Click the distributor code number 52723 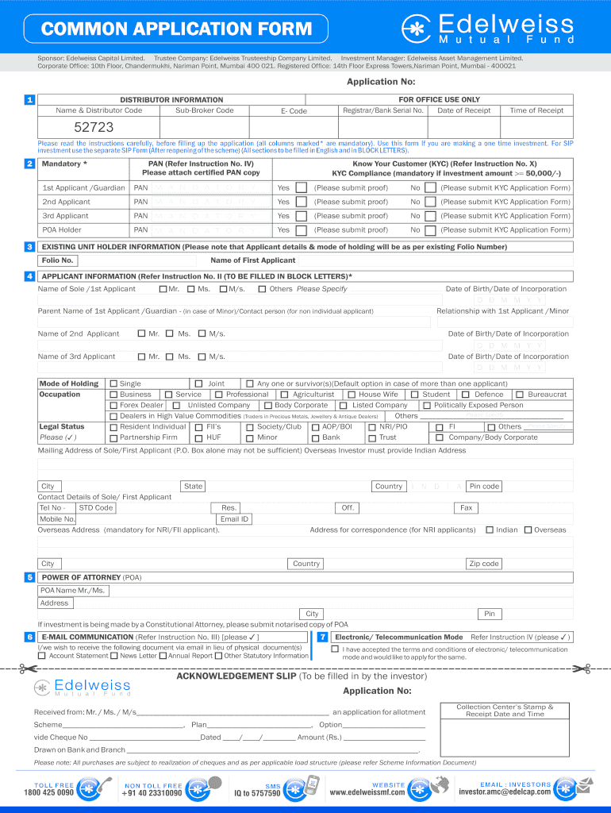94,127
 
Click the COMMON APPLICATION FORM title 176,30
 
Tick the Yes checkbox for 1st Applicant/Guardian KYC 301,188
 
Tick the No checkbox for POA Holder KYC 429,230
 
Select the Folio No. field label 57,260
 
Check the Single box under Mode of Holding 113,384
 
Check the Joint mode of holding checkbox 199,384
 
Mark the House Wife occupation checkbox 351,395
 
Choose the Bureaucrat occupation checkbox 520,395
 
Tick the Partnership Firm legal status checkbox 113,437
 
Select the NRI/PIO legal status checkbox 372,427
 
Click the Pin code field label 484,486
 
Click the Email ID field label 234,519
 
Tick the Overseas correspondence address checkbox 528,530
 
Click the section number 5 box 29,577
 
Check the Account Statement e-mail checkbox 42,656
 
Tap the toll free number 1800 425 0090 48,792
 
